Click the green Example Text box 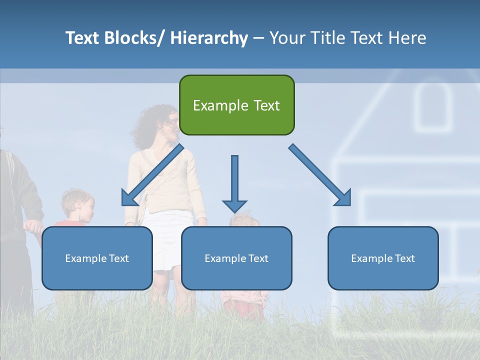click(x=236, y=105)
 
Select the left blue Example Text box click(x=97, y=258)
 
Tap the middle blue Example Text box click(x=236, y=258)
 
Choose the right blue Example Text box click(x=383, y=258)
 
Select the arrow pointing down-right click(x=320, y=175)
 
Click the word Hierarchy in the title click(x=209, y=38)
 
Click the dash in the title click(x=258, y=38)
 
